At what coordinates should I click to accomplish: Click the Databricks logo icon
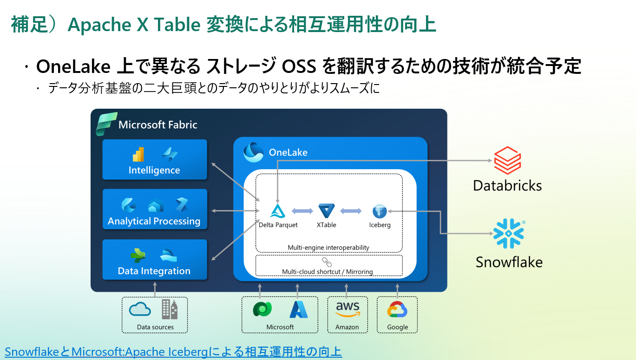pyautogui.click(x=507, y=161)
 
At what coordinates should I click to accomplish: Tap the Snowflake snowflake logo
pyautogui.click(x=508, y=233)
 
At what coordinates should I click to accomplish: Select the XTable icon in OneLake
pyautogui.click(x=327, y=211)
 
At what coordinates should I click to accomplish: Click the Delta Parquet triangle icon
pyautogui.click(x=278, y=211)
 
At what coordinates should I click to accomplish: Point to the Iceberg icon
pyautogui.click(x=380, y=211)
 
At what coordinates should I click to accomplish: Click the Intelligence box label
pyautogui.click(x=154, y=170)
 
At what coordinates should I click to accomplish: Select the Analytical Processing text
pyautogui.click(x=154, y=221)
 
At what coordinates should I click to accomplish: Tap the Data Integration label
pyautogui.click(x=154, y=271)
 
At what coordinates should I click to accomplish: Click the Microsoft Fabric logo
pyautogui.click(x=105, y=124)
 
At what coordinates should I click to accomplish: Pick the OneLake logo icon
pyautogui.click(x=254, y=152)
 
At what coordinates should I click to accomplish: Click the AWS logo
pyautogui.click(x=347, y=309)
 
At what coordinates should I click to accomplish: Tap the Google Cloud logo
pyautogui.click(x=397, y=310)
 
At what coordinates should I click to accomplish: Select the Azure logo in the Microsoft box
pyautogui.click(x=299, y=309)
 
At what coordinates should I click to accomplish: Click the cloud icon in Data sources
pyautogui.click(x=140, y=309)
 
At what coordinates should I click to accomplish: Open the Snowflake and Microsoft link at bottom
pyautogui.click(x=173, y=352)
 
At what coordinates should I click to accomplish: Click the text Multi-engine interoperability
pyautogui.click(x=328, y=247)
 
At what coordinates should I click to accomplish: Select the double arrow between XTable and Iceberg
pyautogui.click(x=351, y=211)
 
